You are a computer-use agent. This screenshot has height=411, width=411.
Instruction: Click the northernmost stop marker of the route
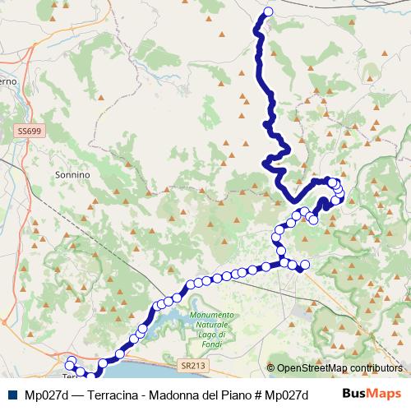[x=268, y=12]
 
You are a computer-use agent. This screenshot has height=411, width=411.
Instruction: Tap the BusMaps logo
[x=372, y=395]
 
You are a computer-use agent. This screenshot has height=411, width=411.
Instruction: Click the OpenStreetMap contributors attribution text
[x=339, y=368]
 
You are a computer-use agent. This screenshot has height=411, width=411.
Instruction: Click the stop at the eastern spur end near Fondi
[x=304, y=265]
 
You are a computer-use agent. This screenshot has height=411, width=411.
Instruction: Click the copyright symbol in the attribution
[x=270, y=368]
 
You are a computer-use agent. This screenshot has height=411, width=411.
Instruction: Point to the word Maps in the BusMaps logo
[x=386, y=395]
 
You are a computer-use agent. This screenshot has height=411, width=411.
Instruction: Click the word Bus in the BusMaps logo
[x=354, y=395]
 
